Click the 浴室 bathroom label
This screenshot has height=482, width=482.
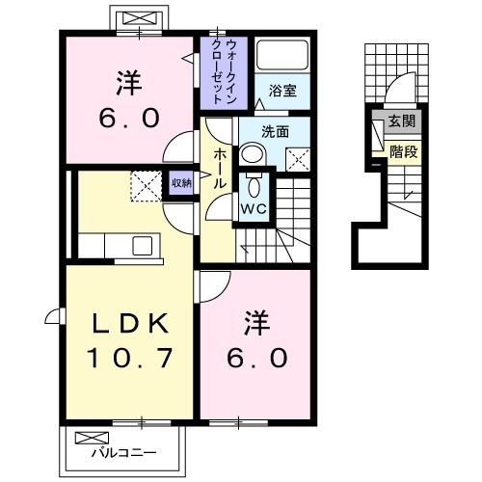(282, 92)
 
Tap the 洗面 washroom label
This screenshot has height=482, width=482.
(276, 131)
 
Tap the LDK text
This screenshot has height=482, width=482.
(132, 323)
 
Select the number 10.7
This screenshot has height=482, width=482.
(132, 359)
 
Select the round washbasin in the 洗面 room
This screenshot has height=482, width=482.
(251, 153)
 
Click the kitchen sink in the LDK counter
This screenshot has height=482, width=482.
(142, 245)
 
